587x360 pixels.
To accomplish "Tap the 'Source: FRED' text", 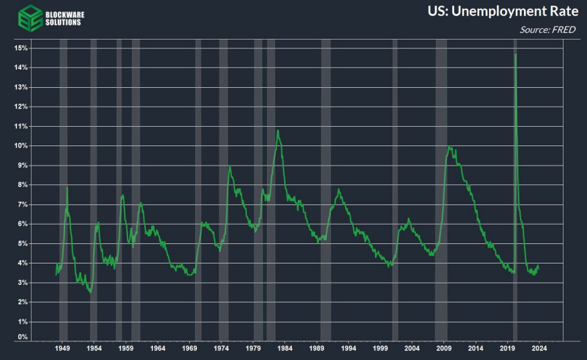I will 547,29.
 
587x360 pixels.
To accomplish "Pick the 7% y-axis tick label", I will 22,204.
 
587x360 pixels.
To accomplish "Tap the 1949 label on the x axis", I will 62,349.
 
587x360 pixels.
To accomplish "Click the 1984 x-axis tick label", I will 284,349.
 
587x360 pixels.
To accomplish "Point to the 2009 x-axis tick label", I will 443,349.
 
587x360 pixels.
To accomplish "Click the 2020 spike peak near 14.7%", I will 515,54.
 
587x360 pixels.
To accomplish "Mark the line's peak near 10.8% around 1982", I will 278,130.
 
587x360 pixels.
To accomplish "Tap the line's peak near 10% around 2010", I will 449,147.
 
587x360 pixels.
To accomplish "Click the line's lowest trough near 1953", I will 89,292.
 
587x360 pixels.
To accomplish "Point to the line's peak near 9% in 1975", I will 230,167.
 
